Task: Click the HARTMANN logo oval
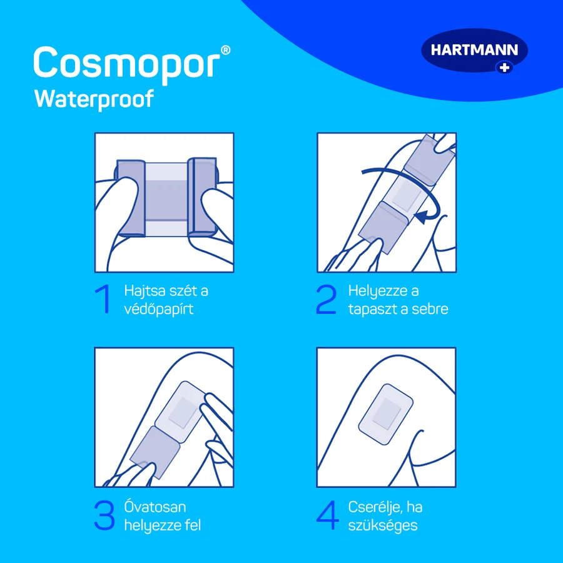click(474, 51)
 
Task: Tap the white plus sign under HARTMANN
click(505, 68)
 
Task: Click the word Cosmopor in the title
click(127, 63)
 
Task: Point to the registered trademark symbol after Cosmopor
click(225, 50)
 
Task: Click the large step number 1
click(103, 299)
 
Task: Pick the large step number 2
click(326, 299)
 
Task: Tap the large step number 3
click(104, 515)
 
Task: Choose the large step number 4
click(327, 515)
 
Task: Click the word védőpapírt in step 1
click(159, 309)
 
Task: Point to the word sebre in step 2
click(430, 309)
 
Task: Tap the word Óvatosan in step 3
click(155, 507)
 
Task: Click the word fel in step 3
click(193, 525)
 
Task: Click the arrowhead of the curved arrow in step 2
click(421, 216)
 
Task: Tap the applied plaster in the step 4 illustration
click(385, 414)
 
